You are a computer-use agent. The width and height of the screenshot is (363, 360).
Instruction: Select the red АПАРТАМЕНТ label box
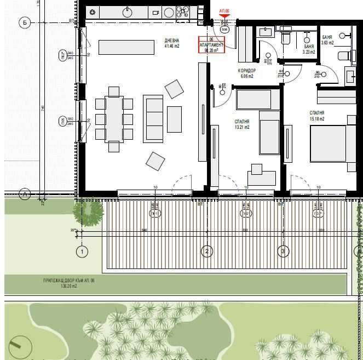point(211,44)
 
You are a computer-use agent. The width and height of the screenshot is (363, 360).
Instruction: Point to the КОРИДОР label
point(246,71)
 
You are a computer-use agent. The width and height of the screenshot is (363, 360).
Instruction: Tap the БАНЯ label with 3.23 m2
point(309,50)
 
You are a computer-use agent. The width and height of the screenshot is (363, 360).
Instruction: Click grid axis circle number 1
point(82,252)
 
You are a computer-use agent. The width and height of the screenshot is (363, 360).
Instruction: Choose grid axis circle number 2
point(206,252)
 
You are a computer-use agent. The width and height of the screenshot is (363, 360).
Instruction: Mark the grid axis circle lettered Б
point(24,22)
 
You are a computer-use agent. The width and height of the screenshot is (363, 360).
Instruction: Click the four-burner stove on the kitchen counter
point(183,12)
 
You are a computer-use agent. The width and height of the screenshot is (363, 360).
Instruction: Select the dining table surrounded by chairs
point(114,119)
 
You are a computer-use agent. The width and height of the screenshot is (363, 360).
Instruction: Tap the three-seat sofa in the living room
point(153,119)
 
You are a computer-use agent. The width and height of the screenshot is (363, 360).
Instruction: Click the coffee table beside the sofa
point(174,119)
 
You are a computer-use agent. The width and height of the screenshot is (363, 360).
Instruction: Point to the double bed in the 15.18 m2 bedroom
point(332,144)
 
